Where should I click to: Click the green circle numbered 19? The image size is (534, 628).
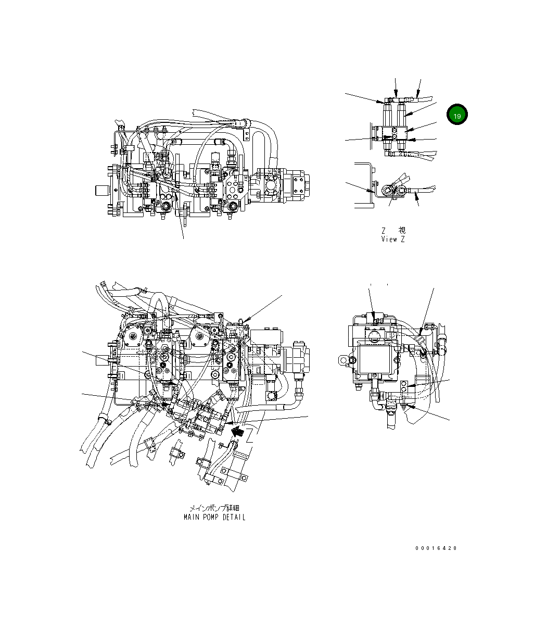456,116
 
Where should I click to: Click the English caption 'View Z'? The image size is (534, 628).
392,240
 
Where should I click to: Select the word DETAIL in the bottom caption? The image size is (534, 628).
234,517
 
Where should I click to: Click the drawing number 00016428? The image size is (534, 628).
436,548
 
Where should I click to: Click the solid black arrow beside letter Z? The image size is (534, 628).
238,431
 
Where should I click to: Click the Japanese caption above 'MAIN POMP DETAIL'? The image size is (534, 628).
214,508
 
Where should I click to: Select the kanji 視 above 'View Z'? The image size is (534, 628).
402,230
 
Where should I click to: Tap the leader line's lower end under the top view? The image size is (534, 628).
184,238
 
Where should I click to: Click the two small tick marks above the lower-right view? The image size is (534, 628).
379,285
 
